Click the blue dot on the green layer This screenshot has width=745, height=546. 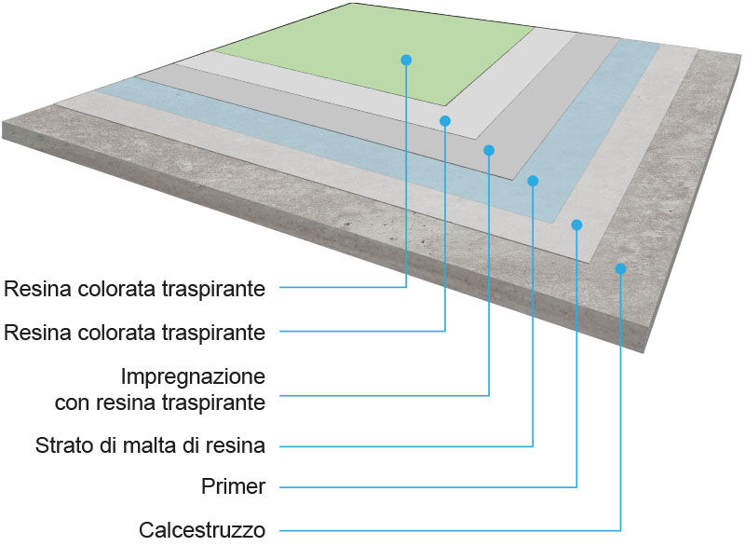coord(406,60)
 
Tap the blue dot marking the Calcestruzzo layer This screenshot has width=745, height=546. coord(620,268)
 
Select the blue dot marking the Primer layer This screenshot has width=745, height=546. coord(576,225)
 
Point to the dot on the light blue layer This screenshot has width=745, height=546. coord(533,181)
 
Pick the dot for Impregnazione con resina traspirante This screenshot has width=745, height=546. coord(489,150)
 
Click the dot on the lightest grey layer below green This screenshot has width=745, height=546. coord(445,120)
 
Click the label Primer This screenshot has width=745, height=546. coord(234,487)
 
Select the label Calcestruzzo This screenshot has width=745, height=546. coord(202,530)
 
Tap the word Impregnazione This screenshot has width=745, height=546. coord(194,378)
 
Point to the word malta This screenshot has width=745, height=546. coord(174,445)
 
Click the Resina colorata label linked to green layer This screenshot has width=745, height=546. coord(135,289)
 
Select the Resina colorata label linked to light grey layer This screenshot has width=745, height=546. coord(135,333)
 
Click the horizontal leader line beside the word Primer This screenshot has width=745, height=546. coord(419,487)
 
